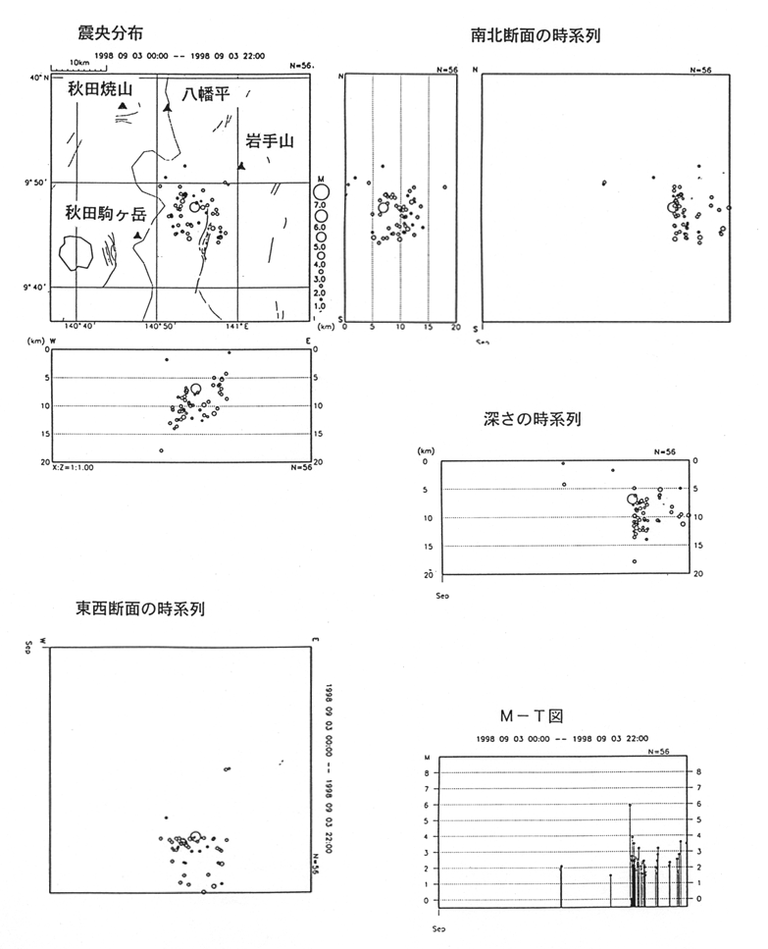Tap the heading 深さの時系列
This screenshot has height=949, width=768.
click(x=533, y=419)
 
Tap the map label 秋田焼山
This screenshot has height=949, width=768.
click(x=98, y=89)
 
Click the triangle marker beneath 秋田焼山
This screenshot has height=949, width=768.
click(x=122, y=106)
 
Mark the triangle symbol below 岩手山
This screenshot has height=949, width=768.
click(x=241, y=166)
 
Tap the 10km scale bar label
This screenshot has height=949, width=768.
click(x=67, y=62)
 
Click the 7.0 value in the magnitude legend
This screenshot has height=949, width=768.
click(x=319, y=203)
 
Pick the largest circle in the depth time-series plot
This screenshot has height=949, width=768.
click(x=633, y=500)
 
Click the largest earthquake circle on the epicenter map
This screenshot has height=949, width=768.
click(x=195, y=207)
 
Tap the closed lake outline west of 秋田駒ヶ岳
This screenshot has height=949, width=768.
click(x=75, y=254)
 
